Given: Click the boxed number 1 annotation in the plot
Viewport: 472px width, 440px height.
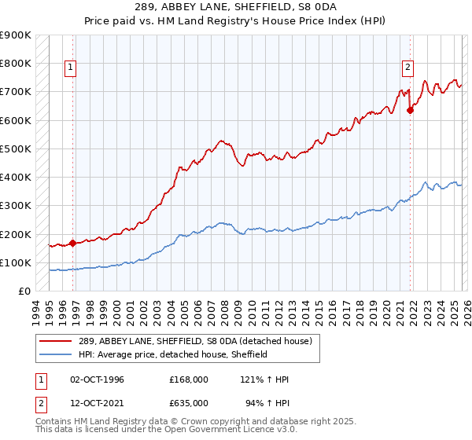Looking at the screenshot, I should pyautogui.click(x=71, y=68).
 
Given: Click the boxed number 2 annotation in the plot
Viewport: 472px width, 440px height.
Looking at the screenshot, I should pyautogui.click(x=408, y=68).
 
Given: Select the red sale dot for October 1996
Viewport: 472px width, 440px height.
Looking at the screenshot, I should pyautogui.click(x=73, y=243).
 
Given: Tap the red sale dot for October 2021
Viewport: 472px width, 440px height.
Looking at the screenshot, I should pyautogui.click(x=410, y=110).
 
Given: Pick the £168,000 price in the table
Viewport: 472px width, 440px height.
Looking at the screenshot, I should pyautogui.click(x=188, y=379).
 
